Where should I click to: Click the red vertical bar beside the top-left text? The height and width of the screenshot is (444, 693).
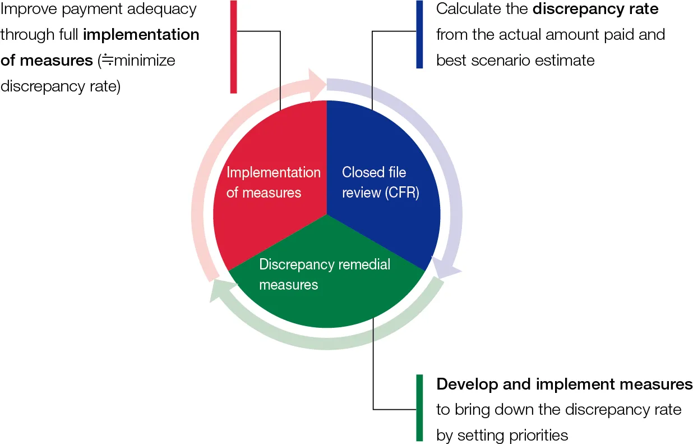click(x=234, y=46)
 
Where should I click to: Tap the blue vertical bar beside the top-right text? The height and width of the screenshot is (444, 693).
click(x=419, y=34)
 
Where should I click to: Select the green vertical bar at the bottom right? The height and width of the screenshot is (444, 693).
click(x=419, y=408)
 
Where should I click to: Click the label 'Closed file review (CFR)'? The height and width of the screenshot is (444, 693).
click(x=380, y=182)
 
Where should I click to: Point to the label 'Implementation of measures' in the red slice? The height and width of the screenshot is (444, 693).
click(x=273, y=182)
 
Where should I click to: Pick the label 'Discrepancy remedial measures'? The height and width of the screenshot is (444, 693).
click(x=325, y=274)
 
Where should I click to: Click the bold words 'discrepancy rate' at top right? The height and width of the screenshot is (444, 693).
click(x=595, y=9)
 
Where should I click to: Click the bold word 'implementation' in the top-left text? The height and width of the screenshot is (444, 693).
click(x=141, y=35)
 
